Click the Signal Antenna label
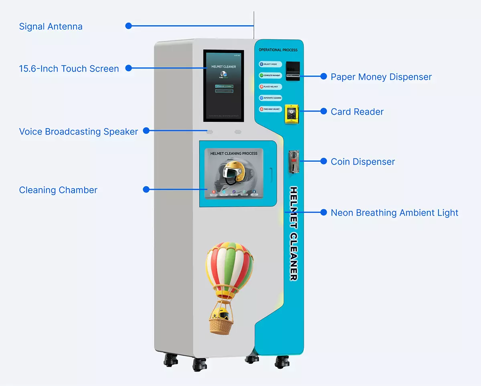coord(51,27)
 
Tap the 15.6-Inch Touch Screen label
coord(69,69)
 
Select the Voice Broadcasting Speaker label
coord(79,132)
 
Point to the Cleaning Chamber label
coord(58,190)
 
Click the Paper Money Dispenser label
coord(381,77)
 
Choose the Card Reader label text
coord(357,112)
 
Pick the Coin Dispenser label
coord(362,162)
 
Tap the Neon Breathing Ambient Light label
coord(394,213)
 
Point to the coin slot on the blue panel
coord(293,161)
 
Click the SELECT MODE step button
coord(271,64)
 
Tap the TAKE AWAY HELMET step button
coord(271,109)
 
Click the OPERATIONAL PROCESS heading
coord(278,50)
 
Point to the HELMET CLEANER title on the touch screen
coord(223,66)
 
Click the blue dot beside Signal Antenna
coord(129,26)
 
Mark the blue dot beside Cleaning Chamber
coord(146,189)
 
